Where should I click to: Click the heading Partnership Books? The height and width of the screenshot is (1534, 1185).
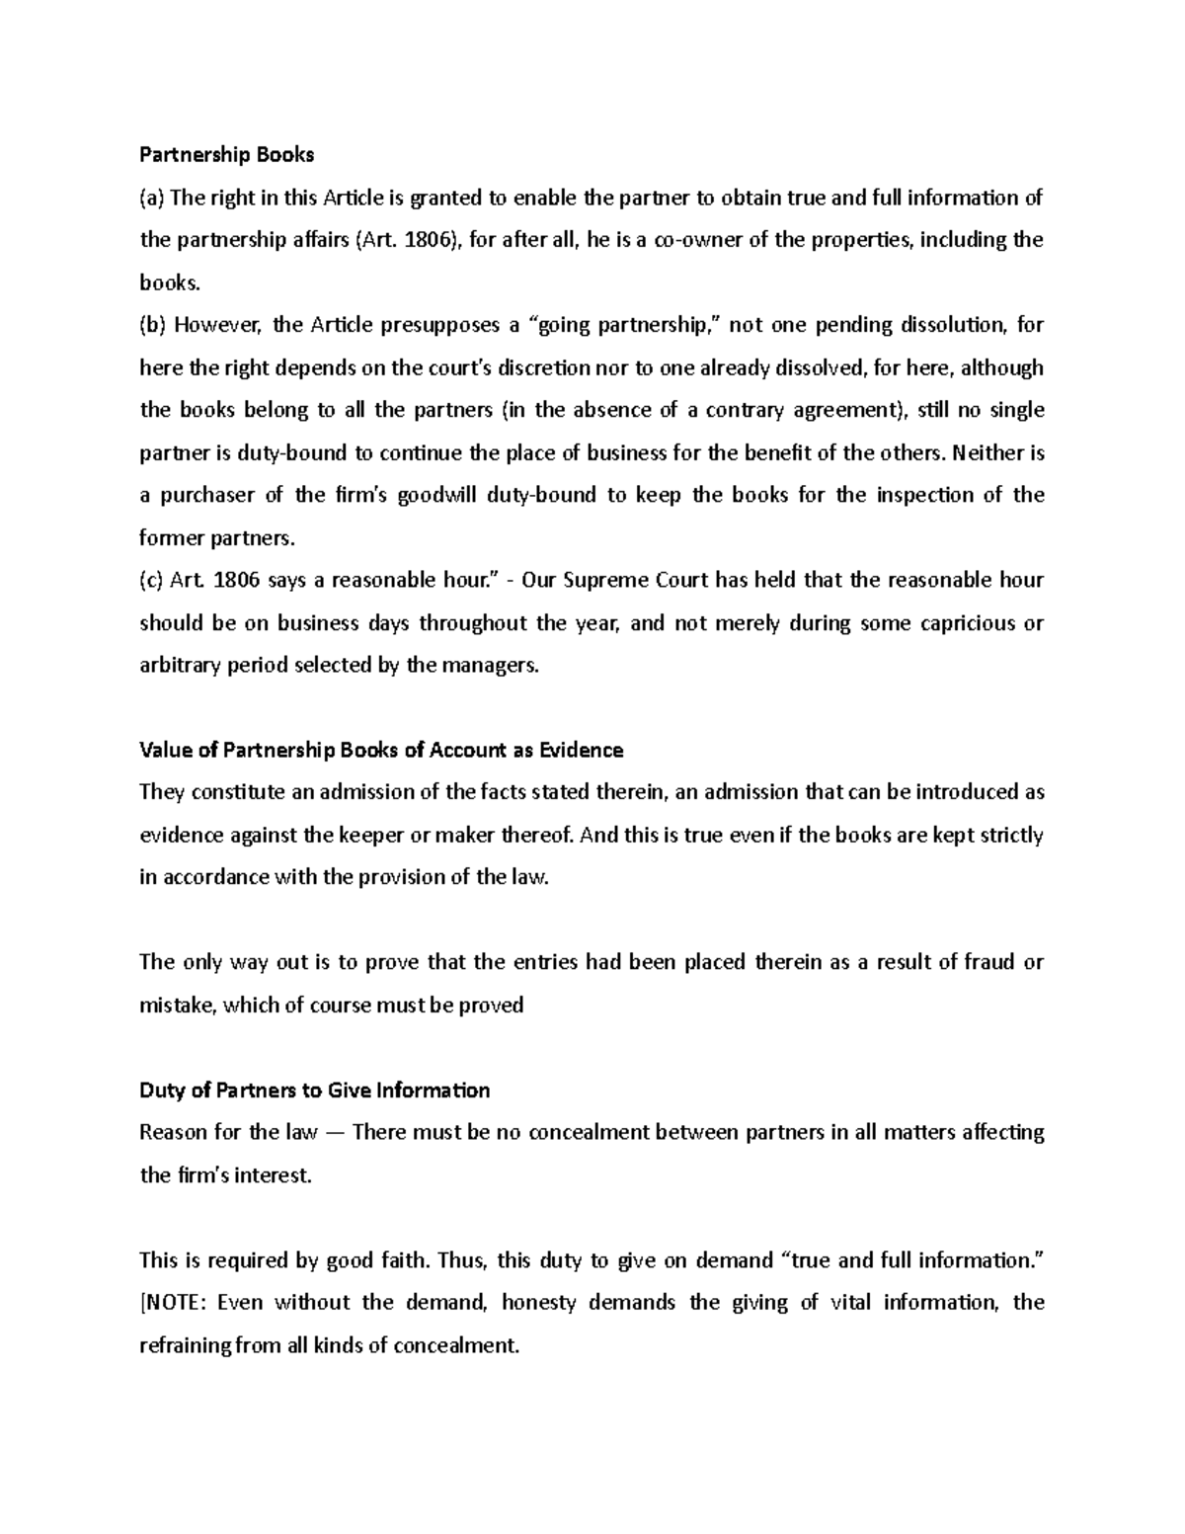(226, 154)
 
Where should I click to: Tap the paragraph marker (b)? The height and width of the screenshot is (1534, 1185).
(152, 325)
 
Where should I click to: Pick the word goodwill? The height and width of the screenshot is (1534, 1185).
(436, 495)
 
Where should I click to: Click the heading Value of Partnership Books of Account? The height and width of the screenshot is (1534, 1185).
(381, 751)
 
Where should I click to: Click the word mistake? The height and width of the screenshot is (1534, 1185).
(178, 1006)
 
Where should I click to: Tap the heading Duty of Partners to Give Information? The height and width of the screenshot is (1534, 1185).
(314, 1090)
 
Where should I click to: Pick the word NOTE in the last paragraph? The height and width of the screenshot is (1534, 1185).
(176, 1303)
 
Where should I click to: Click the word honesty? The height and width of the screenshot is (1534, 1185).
(538, 1303)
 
